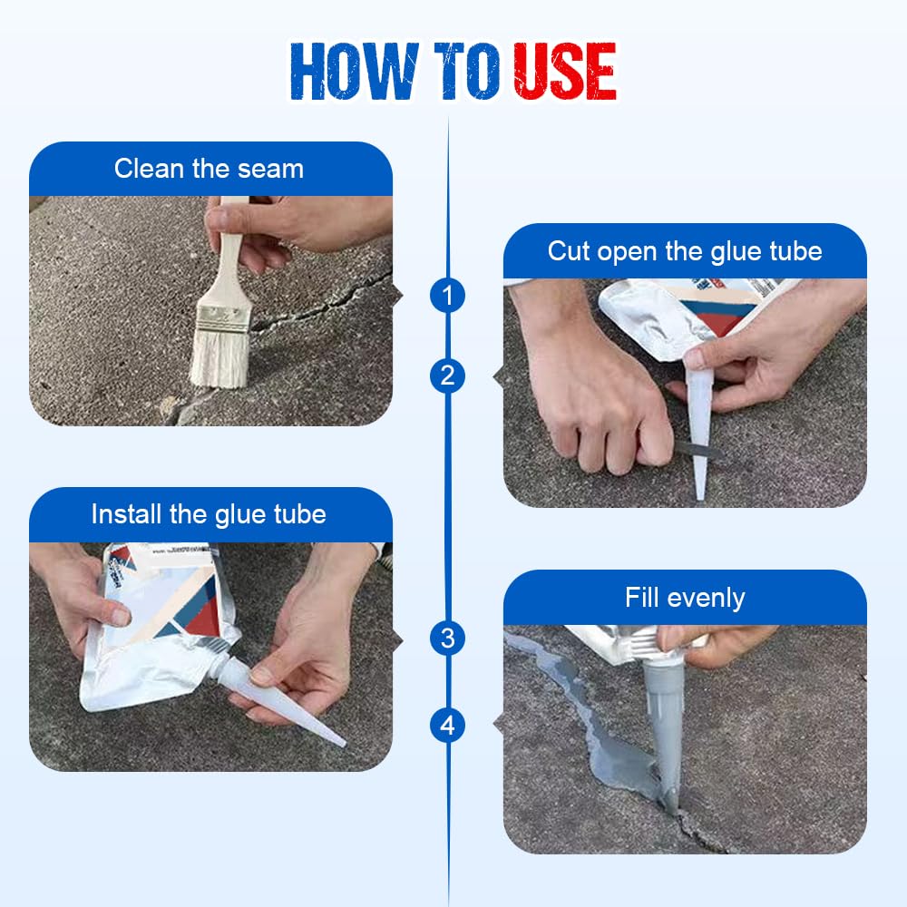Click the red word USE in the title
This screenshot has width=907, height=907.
pyautogui.click(x=565, y=72)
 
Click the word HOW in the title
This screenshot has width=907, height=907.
pyautogui.click(x=355, y=72)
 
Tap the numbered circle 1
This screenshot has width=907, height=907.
pyautogui.click(x=447, y=296)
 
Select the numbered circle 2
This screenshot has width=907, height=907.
pyautogui.click(x=447, y=375)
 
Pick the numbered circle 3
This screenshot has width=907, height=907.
pyautogui.click(x=447, y=639)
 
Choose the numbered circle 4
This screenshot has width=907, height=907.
pyautogui.click(x=447, y=726)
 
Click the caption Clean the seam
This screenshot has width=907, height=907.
pyautogui.click(x=210, y=169)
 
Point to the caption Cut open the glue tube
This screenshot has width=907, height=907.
pyautogui.click(x=685, y=251)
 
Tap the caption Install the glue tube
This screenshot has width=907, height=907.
pyautogui.click(x=209, y=514)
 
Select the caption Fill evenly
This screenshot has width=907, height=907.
pyautogui.click(x=685, y=598)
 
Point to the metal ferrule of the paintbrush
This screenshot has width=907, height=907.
pyautogui.click(x=221, y=314)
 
